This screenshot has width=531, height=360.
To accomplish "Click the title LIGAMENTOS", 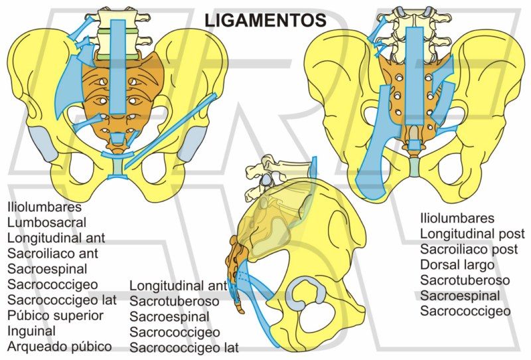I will click(x=265, y=19).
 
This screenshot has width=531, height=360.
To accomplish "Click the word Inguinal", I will click(x=31, y=330).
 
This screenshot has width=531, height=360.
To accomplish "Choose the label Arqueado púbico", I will click(x=59, y=346).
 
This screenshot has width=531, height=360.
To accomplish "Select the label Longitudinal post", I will click(x=473, y=233).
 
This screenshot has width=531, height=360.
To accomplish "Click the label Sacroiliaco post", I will click(x=469, y=249).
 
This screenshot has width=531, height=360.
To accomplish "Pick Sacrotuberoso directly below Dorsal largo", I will click(x=465, y=280).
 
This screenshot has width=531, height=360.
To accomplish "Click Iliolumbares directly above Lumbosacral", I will click(x=44, y=207).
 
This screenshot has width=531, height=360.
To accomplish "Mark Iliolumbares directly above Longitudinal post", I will click(x=457, y=218).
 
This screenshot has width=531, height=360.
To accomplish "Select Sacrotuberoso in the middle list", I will click(x=175, y=302).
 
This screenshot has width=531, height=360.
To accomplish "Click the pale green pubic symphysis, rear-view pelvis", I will click(x=414, y=167).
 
